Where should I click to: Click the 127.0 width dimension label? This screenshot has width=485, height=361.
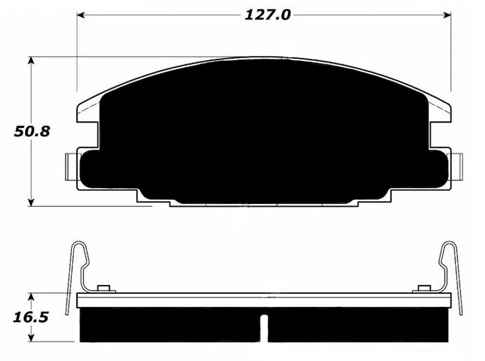(x=267, y=15)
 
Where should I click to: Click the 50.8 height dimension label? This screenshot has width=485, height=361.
(x=32, y=131)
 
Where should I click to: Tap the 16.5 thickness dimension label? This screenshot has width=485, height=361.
(x=31, y=317)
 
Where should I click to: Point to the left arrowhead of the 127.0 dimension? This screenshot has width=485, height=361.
(x=81, y=15)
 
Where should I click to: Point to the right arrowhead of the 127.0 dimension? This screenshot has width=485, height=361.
(x=447, y=15)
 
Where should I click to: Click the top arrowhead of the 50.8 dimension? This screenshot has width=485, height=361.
(x=30, y=61)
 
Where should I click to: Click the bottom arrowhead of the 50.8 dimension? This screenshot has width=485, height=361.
(x=30, y=202)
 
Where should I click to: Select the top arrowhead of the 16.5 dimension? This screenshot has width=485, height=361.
(x=30, y=297)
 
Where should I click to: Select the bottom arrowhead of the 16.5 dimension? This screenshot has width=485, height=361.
(x=30, y=337)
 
